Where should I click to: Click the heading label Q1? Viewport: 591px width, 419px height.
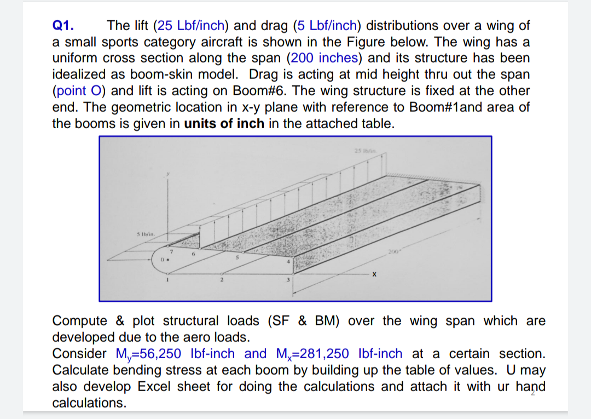point(63,26)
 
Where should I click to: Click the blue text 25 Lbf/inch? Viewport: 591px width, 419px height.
point(191,26)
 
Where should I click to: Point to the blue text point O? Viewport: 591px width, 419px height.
point(77,90)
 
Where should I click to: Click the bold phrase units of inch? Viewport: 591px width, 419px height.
point(224,123)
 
